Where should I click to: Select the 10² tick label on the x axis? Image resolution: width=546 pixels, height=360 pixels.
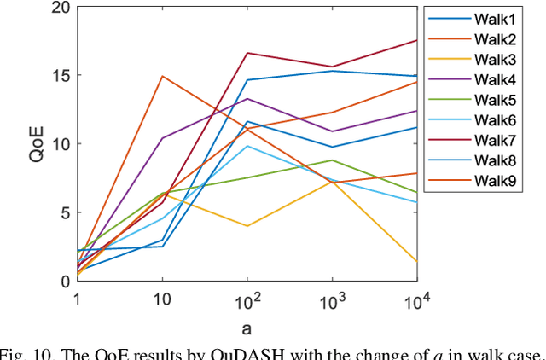tap(247, 300)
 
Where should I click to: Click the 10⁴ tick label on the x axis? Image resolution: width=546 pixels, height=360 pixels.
tap(416, 300)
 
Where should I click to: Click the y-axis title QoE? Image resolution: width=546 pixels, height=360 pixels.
tap(34, 144)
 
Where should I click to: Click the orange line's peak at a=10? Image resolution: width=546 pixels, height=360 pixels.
tap(162, 76)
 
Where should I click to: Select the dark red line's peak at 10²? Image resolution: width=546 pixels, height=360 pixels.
tap(247, 53)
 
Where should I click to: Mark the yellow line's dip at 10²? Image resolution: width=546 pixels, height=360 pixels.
tap(247, 226)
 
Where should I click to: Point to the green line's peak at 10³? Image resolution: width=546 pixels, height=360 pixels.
tap(332, 160)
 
